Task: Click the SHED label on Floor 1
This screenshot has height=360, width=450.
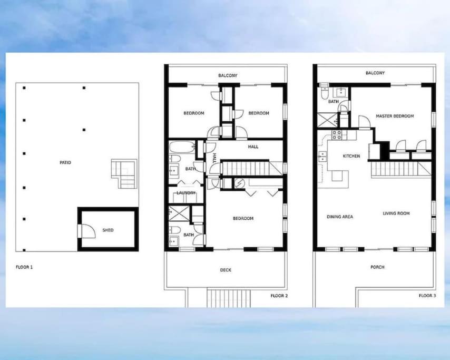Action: (108, 230)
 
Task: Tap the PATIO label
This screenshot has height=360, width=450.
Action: (65, 162)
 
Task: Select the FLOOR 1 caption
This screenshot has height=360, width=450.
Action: (24, 267)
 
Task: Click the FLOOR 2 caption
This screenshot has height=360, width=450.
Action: (279, 296)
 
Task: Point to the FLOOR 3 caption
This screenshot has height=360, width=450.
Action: (427, 295)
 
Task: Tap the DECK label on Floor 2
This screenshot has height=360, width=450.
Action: (226, 270)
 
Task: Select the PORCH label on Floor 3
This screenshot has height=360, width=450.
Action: (377, 267)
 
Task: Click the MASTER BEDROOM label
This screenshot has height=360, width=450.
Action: (395, 116)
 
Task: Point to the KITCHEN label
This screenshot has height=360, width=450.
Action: (351, 156)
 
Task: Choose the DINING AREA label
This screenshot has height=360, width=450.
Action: (340, 217)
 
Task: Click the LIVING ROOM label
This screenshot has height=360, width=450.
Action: (396, 213)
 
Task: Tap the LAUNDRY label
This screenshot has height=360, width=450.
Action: (186, 193)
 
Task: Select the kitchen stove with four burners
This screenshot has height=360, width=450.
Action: (337, 135)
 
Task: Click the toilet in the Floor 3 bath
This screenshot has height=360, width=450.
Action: (324, 92)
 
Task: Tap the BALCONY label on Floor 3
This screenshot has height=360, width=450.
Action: (375, 73)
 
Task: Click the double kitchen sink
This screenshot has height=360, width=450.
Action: (322, 156)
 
